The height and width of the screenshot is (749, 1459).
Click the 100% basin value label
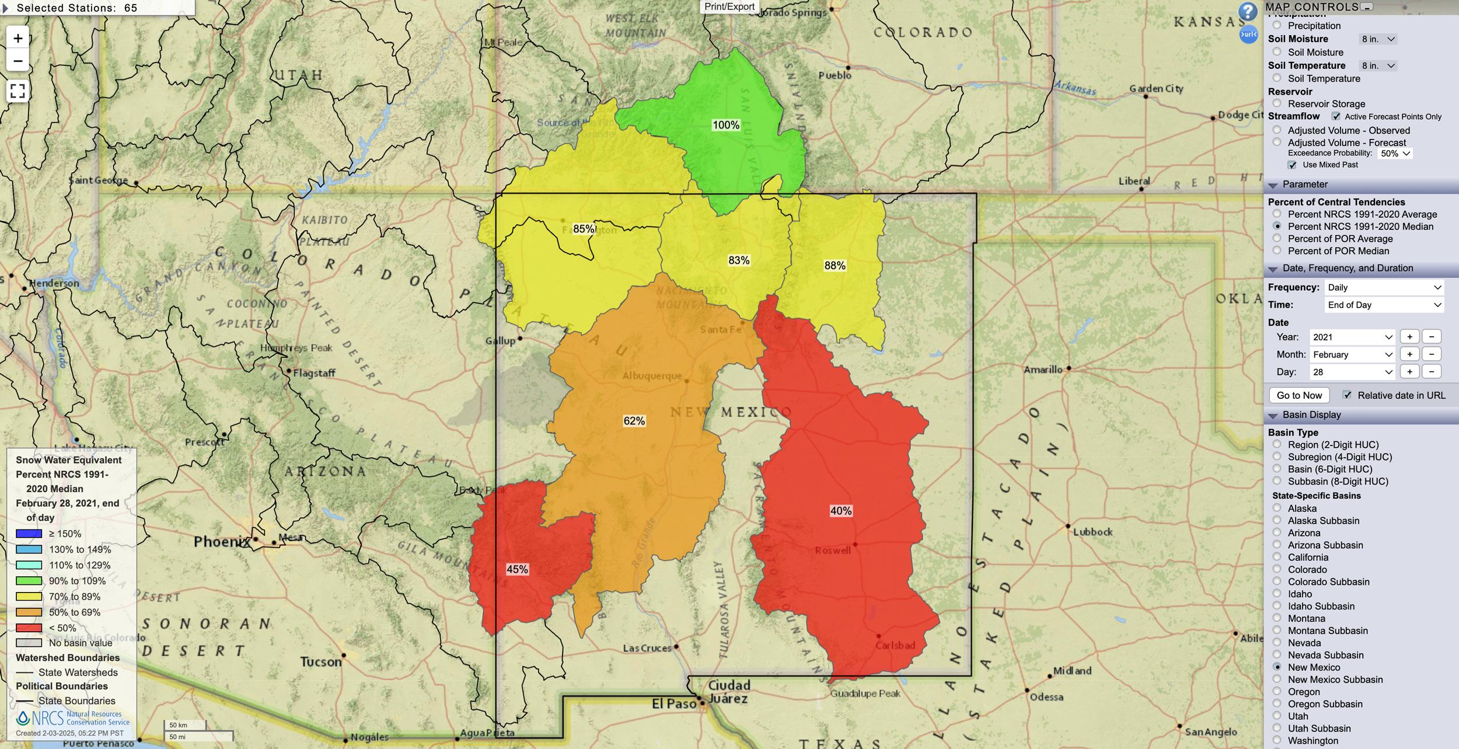pyautogui.click(x=725, y=125)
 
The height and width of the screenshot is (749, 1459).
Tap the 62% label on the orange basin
pyautogui.click(x=634, y=421)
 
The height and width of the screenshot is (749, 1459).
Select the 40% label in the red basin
pyautogui.click(x=840, y=511)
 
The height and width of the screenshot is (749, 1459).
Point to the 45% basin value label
pyautogui.click(x=517, y=569)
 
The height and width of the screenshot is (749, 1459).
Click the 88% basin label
pyautogui.click(x=835, y=266)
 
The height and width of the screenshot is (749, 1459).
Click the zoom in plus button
pyautogui.click(x=18, y=39)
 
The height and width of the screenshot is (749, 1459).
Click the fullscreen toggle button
pyautogui.click(x=18, y=91)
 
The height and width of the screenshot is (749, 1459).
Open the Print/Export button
pyautogui.click(x=729, y=6)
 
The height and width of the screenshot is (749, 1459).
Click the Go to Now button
pyautogui.click(x=1299, y=395)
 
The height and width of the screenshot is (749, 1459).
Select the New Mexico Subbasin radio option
pyautogui.click(x=1277, y=679)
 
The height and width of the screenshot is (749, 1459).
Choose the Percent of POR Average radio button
pyautogui.click(x=1277, y=238)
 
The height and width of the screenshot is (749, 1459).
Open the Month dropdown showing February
pyautogui.click(x=1351, y=354)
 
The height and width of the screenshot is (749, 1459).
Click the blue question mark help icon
pyautogui.click(x=1248, y=11)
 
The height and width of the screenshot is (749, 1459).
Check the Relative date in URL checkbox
pyautogui.click(x=1347, y=395)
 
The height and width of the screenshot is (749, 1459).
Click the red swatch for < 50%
pyautogui.click(x=29, y=628)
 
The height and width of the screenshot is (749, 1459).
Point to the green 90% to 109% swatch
pyautogui.click(x=29, y=581)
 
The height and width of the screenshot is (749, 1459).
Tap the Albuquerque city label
pyautogui.click(x=652, y=376)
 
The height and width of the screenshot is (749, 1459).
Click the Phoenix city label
pyautogui.click(x=222, y=542)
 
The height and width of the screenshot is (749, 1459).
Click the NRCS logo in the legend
pyautogui.click(x=23, y=717)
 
